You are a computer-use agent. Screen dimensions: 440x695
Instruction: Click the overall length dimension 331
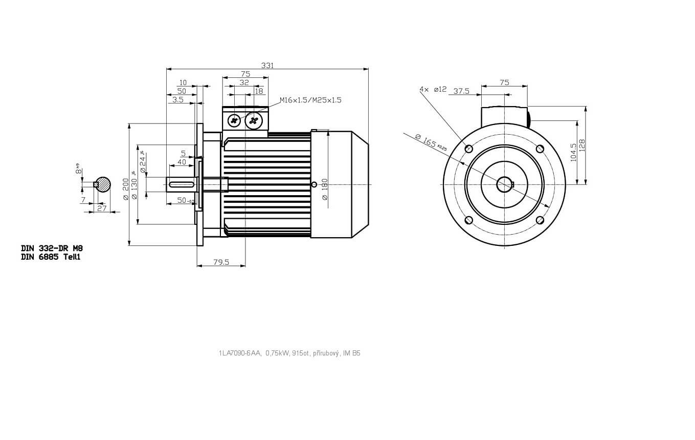[267, 65]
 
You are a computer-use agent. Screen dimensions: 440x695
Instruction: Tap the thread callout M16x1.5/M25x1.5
[310, 100]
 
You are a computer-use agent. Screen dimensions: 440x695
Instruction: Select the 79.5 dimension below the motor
[221, 262]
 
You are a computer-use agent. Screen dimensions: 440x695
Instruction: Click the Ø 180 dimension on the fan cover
[325, 189]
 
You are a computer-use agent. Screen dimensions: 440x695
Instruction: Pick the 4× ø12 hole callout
[433, 89]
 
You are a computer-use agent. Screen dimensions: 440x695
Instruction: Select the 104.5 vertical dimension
[573, 152]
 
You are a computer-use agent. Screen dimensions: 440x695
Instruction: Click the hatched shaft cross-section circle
[103, 184]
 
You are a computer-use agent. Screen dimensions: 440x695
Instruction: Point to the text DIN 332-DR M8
[52, 248]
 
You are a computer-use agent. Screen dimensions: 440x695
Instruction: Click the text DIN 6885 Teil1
[51, 257]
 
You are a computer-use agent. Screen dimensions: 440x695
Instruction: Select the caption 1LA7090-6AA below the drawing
[240, 353]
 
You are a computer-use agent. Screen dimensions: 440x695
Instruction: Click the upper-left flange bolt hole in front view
[468, 149]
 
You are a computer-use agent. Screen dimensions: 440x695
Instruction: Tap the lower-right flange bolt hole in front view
[540, 220]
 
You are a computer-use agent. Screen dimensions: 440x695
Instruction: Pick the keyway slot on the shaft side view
[182, 184]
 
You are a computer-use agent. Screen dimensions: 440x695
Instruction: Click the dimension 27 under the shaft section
[102, 208]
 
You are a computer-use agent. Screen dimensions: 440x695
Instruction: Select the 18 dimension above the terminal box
[259, 91]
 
